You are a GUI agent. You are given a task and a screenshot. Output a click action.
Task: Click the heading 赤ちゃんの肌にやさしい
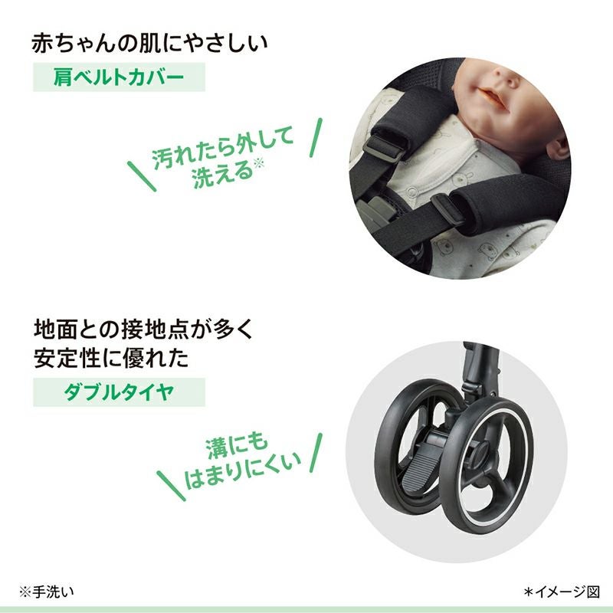click(x=149, y=44)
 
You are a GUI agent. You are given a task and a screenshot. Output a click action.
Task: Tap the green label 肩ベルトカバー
click(x=119, y=77)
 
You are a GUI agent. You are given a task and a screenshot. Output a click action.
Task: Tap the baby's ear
click(x=558, y=148)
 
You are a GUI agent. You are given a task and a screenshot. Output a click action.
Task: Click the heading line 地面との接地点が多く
click(x=144, y=329)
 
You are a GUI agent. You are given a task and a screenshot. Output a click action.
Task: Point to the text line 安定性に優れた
click(x=111, y=358)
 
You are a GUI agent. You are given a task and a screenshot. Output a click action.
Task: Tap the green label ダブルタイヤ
click(x=119, y=392)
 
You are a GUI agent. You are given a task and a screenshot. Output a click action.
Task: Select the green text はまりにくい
click(x=242, y=471)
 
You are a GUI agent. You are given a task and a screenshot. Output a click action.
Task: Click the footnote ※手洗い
click(x=47, y=592)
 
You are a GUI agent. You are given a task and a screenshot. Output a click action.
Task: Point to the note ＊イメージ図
click(x=562, y=592)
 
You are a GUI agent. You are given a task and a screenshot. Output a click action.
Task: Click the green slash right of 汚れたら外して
click(x=316, y=138)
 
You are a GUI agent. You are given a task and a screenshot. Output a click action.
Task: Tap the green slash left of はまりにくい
click(x=171, y=486)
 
